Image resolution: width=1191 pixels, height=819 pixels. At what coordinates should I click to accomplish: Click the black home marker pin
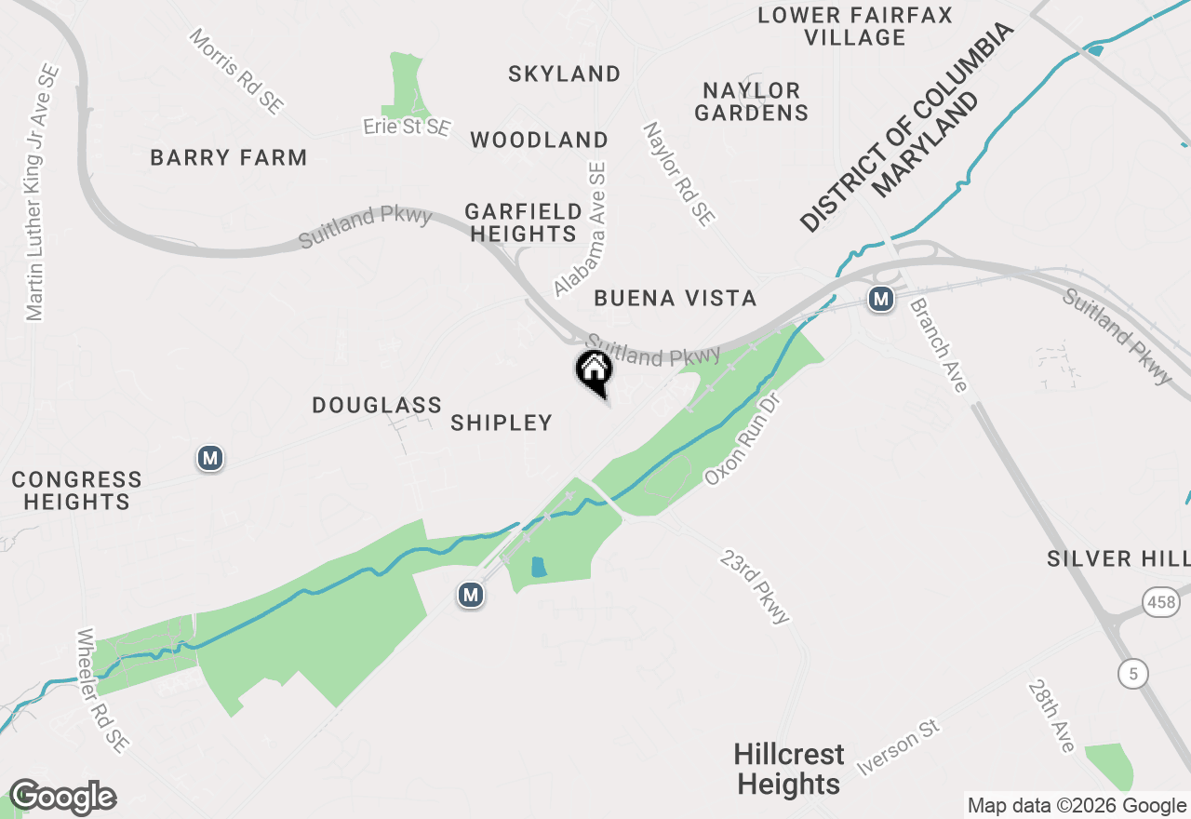click(594, 371)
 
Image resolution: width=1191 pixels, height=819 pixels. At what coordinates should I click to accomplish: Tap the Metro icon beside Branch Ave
click(880, 299)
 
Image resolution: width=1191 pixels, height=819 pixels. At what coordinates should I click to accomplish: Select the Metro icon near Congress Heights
click(210, 458)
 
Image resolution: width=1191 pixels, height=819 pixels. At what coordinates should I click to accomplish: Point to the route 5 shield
click(1133, 673)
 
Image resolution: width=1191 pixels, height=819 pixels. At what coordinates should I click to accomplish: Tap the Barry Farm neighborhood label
click(229, 157)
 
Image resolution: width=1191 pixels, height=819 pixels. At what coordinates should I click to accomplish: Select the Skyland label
click(564, 74)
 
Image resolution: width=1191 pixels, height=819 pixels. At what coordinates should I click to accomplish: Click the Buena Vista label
click(675, 298)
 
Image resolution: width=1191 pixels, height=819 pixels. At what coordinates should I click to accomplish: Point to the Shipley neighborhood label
click(502, 423)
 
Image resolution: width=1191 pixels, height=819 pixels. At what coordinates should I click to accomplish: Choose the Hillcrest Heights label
click(789, 769)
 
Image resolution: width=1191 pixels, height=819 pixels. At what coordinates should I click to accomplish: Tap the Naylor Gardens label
click(751, 101)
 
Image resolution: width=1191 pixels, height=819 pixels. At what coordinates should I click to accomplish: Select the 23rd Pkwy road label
click(756, 586)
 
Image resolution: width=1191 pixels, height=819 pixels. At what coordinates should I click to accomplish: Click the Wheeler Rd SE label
click(103, 690)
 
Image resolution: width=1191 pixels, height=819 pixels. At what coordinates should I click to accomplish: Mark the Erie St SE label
click(407, 127)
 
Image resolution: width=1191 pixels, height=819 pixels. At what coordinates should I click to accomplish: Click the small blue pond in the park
click(538, 566)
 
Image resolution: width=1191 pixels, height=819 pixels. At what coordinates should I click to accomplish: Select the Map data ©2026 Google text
click(1077, 806)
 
